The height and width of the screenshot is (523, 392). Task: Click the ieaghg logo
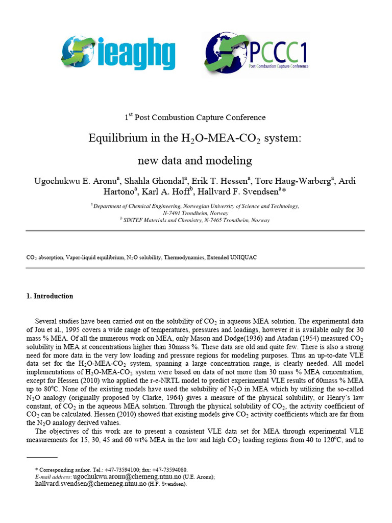point(118,53)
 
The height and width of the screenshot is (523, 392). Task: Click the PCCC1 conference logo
point(257,54)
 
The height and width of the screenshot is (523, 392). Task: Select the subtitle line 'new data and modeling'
point(195,161)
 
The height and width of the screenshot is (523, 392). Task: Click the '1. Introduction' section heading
point(50,296)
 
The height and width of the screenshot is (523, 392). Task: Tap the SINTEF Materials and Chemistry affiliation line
point(197,220)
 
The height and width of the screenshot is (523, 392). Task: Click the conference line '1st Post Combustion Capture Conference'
point(195,117)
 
